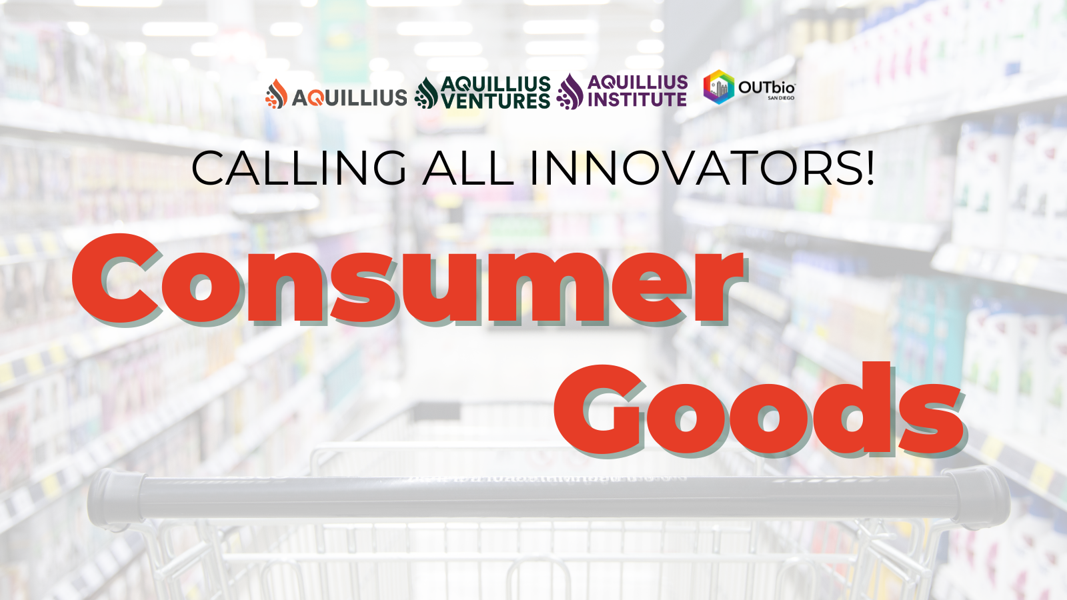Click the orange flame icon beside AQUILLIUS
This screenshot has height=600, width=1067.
click(276, 94)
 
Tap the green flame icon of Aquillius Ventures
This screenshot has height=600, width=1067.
click(426, 93)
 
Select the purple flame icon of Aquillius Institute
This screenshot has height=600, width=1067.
click(570, 91)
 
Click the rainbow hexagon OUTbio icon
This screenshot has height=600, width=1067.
click(718, 87)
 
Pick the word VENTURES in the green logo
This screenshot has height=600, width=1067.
click(495, 101)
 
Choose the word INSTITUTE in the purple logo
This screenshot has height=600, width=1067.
click(637, 100)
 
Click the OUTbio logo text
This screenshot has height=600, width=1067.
click(766, 87)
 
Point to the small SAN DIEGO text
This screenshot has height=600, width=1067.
click(781, 98)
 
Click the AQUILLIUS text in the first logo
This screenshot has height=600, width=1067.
click(349, 98)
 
